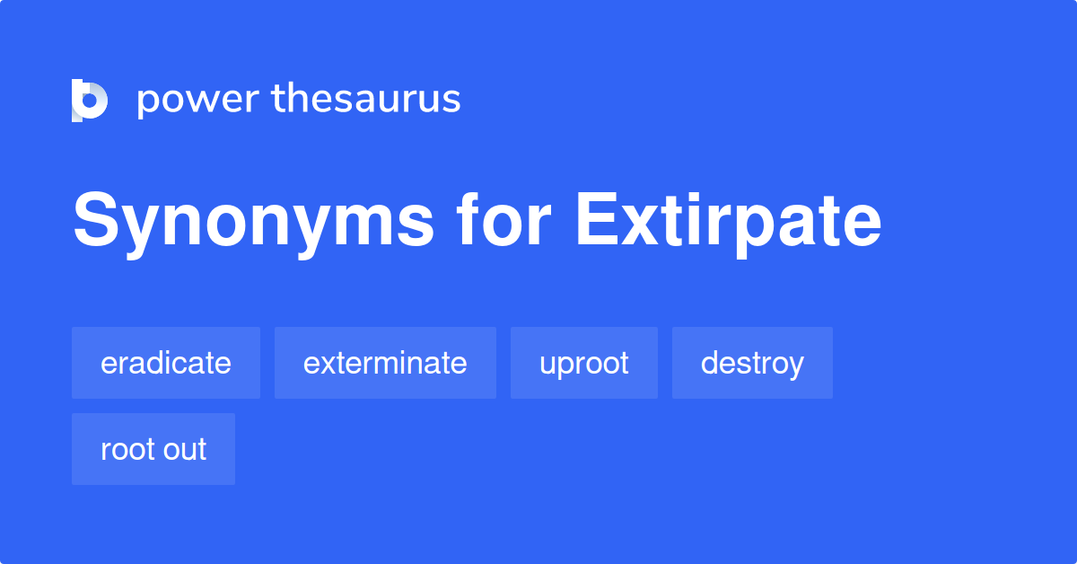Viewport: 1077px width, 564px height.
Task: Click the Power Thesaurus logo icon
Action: tap(90, 100)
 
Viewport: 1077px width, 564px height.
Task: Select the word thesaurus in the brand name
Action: tap(366, 99)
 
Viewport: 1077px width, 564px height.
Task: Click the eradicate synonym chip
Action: tap(166, 363)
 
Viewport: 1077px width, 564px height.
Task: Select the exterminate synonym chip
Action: tap(385, 363)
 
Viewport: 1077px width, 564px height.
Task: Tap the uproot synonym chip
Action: tap(584, 363)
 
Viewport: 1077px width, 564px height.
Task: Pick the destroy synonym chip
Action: tap(752, 363)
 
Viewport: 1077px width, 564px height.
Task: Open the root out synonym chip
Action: tap(153, 449)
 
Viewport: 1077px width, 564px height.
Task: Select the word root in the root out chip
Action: tap(126, 449)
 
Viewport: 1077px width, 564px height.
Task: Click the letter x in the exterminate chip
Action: tap(324, 364)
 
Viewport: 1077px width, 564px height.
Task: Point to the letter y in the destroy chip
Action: tap(796, 366)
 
